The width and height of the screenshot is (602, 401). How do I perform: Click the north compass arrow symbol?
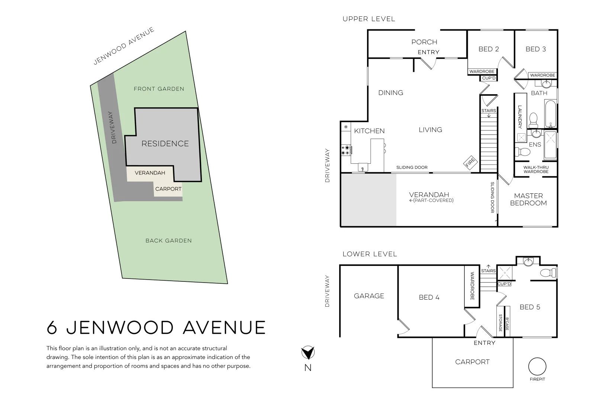[308, 353]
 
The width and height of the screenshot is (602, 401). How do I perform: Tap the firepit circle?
[537, 367]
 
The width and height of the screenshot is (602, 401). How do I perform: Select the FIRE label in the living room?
[470, 162]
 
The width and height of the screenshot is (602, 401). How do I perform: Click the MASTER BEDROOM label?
[528, 199]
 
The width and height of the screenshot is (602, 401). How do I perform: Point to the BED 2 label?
[489, 49]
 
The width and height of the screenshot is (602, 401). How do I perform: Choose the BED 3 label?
[536, 49]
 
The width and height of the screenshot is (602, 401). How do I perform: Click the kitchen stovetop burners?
[346, 150]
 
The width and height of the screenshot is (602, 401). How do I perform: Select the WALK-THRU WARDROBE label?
[536, 169]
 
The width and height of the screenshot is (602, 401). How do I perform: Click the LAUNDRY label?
[520, 117]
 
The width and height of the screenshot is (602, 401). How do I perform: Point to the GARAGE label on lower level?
[369, 296]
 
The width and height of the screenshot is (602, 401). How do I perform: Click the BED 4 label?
[429, 297]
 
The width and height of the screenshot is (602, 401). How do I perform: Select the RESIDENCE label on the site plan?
[165, 144]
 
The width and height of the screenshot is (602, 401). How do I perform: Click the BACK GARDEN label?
[168, 241]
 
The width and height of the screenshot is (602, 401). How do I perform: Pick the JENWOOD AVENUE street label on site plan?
[123, 46]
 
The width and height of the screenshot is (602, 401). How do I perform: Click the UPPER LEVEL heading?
[368, 19]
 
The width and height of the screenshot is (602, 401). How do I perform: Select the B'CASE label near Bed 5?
[507, 324]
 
